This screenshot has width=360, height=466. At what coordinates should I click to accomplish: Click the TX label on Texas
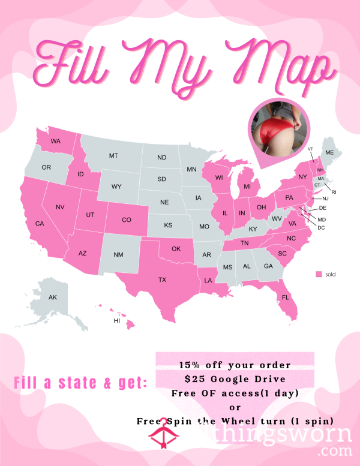tap(162, 280)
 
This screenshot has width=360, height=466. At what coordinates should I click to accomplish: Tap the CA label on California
tap(40, 224)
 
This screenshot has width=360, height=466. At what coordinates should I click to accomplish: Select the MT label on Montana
tap(113, 156)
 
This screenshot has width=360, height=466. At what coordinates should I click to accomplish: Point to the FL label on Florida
tap(285, 297)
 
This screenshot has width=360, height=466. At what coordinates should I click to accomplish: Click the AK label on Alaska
tap(52, 297)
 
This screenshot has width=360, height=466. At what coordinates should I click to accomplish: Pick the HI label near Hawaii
tap(117, 321)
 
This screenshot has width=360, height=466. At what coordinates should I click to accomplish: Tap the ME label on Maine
tap(329, 153)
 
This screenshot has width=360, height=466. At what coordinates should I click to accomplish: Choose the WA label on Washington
tap(55, 142)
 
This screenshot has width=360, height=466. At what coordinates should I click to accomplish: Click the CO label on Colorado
tap(126, 220)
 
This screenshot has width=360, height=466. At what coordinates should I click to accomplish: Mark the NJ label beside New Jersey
tap(325, 199)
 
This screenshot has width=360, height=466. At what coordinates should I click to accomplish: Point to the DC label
tap(321, 228)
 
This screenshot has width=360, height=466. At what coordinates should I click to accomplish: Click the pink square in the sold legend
tap(319, 274)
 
